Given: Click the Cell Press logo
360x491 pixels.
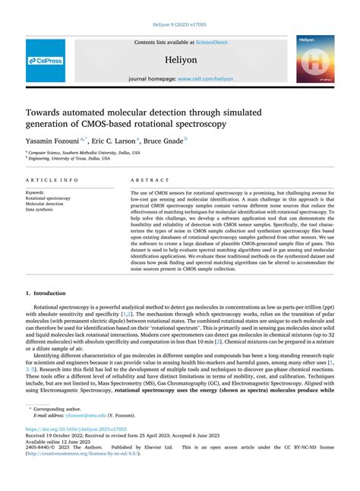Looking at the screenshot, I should click(x=46, y=60).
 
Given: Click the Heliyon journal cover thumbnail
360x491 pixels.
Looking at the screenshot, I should click(x=315, y=59).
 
